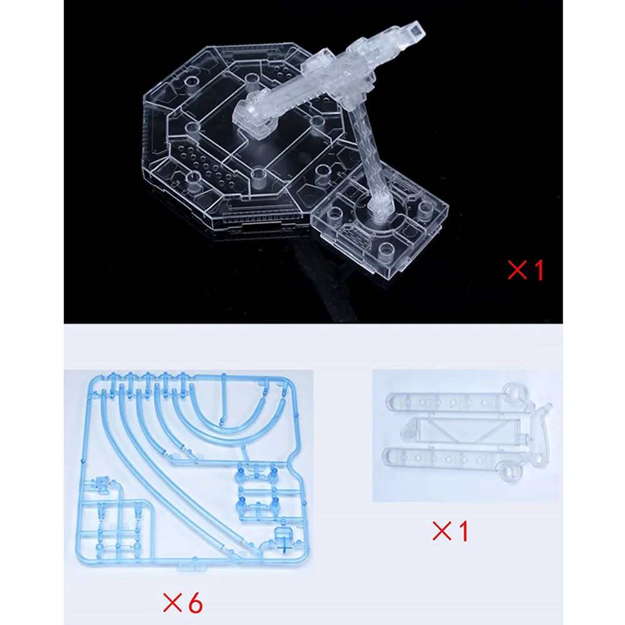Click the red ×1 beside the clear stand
(x=526, y=270)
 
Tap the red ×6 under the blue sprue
(x=183, y=603)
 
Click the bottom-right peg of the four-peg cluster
(x=274, y=503)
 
